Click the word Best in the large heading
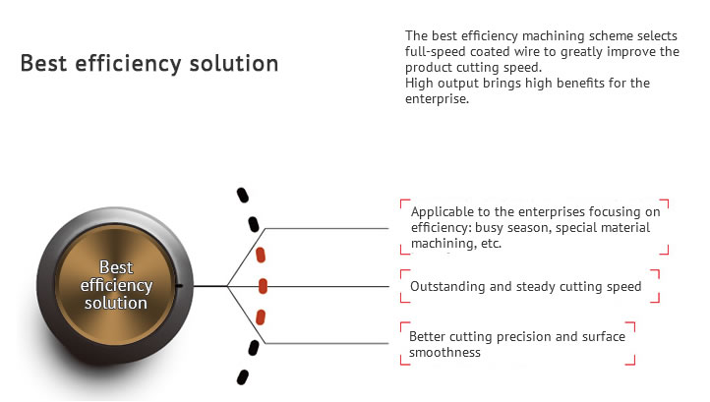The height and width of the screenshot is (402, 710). [44, 63]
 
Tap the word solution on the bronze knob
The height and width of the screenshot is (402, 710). [116, 303]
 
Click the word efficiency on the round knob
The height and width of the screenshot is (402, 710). [116, 286]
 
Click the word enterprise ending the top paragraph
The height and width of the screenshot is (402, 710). [436, 99]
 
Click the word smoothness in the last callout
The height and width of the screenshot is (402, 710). [444, 353]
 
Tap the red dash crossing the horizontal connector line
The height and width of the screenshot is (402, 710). [263, 286]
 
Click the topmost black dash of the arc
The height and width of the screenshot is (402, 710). [243, 196]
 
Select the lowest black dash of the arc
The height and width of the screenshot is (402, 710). [243, 377]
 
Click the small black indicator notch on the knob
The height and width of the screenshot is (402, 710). [179, 286]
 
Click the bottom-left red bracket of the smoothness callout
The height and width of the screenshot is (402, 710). [405, 360]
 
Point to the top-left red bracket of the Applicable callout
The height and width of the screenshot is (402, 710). [405, 203]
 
